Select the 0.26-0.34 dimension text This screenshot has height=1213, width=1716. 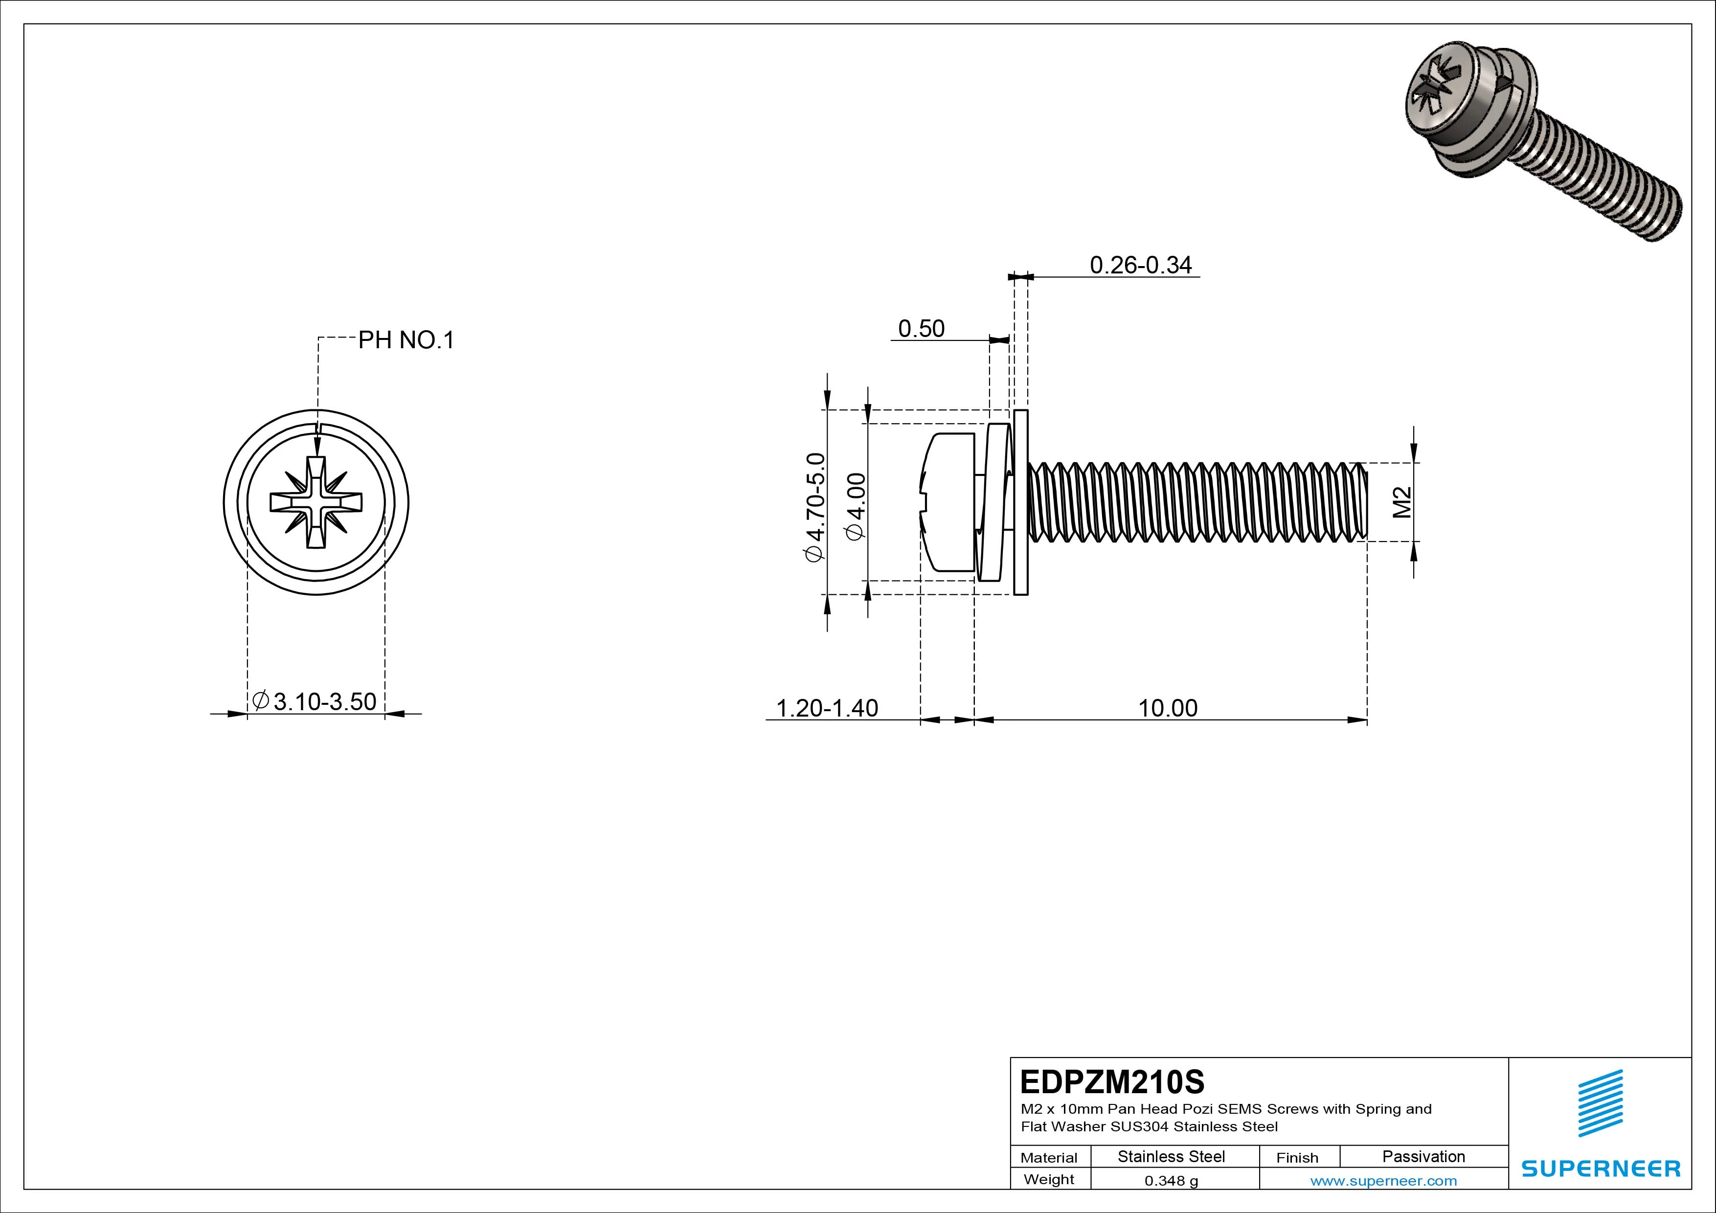point(1141,265)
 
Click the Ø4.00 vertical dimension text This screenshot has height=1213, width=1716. point(856,506)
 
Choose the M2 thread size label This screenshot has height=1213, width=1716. point(1402,502)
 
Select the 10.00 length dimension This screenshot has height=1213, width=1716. point(1168,708)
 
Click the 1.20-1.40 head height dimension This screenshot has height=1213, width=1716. point(827,708)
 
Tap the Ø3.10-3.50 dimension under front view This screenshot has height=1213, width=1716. point(315,702)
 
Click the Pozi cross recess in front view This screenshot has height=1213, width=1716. point(316,502)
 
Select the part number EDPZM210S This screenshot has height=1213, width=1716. point(1112,1081)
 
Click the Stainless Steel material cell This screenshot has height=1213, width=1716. point(1171,1157)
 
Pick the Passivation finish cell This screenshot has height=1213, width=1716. point(1423,1157)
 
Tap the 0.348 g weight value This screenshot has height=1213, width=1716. point(1171,1181)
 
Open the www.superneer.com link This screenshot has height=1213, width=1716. point(1383,1181)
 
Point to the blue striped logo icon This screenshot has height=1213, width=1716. point(1600,1103)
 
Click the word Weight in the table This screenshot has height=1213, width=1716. point(1049,1179)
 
